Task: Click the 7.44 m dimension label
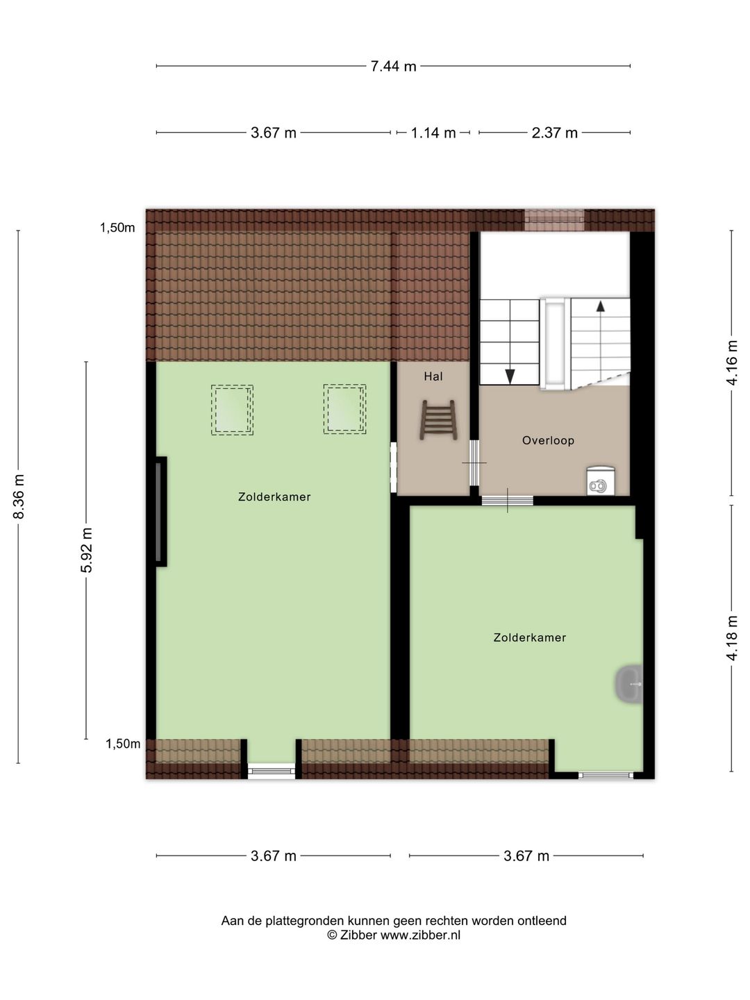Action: click(x=393, y=67)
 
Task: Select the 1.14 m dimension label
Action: click(x=433, y=133)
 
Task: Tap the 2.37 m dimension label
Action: click(x=554, y=133)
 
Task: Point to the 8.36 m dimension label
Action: click(x=19, y=497)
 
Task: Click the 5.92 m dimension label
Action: click(x=87, y=550)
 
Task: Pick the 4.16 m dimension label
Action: click(x=732, y=362)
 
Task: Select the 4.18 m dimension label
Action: click(x=732, y=638)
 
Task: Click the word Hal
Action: click(x=433, y=376)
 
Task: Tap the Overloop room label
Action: click(x=548, y=440)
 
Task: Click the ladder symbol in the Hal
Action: click(x=438, y=419)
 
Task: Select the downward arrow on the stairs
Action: click(x=510, y=376)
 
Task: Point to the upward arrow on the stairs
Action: click(x=600, y=306)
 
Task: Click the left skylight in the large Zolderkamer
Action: click(x=232, y=410)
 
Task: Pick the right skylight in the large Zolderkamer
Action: click(x=344, y=410)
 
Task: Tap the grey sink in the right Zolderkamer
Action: click(x=630, y=685)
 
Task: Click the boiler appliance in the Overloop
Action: click(x=599, y=480)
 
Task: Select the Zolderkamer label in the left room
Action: click(x=274, y=497)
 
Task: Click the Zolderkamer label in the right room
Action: click(x=530, y=637)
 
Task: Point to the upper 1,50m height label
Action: click(x=117, y=228)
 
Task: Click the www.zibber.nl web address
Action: click(x=420, y=935)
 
